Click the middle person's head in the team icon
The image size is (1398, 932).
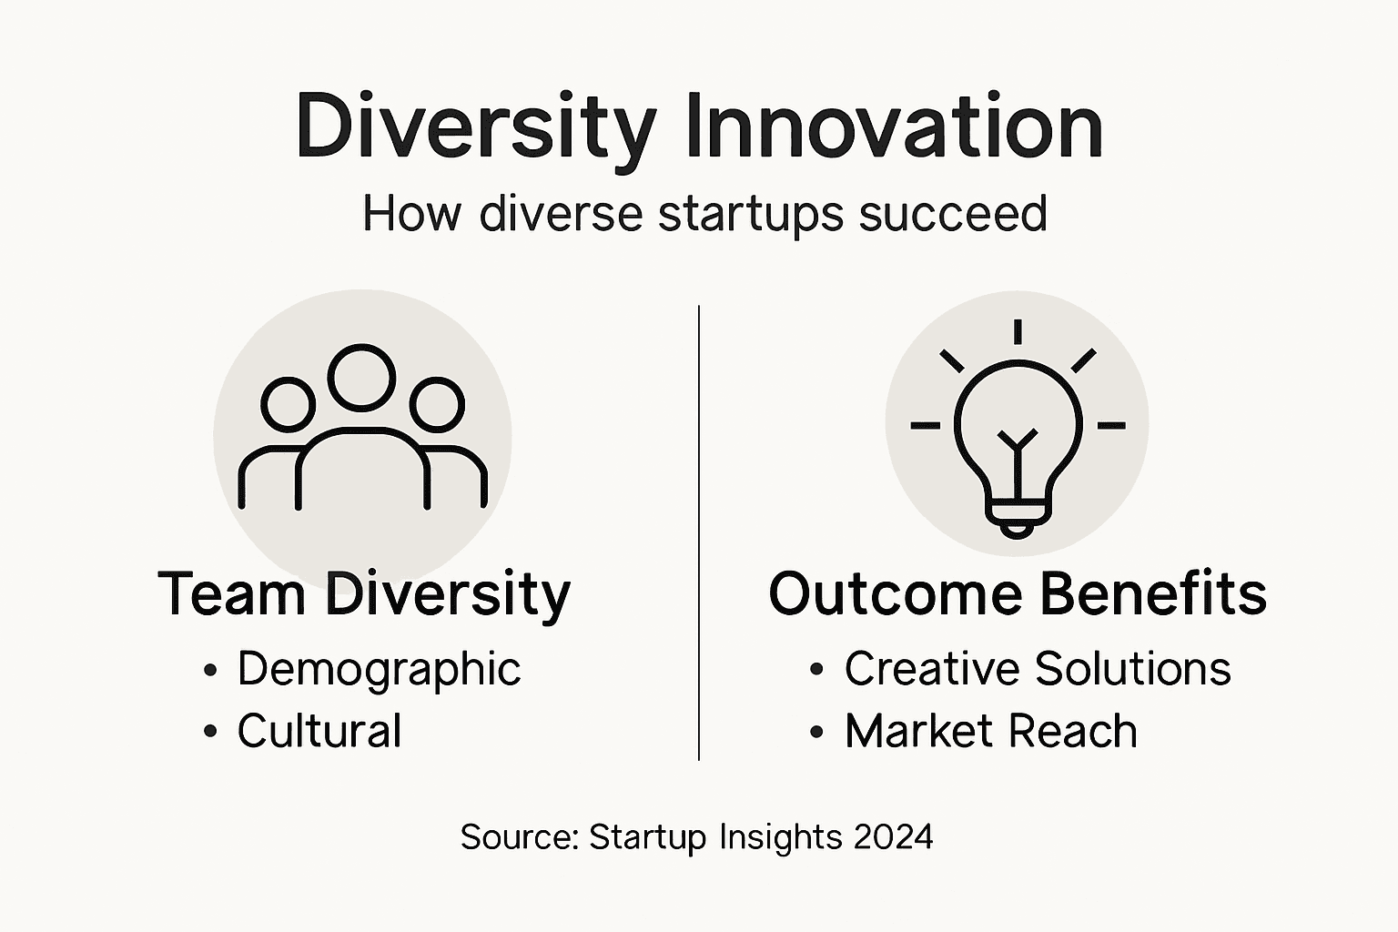click(362, 377)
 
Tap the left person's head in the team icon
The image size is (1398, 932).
click(289, 405)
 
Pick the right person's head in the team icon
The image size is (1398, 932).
click(437, 405)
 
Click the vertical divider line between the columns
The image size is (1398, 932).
click(699, 532)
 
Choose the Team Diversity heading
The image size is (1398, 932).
click(364, 594)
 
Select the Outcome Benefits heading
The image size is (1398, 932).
click(1018, 594)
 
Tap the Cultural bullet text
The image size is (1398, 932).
click(319, 731)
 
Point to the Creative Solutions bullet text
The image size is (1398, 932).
click(1038, 669)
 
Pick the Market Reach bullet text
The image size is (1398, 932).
click(991, 731)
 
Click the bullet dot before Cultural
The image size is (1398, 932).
click(211, 731)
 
